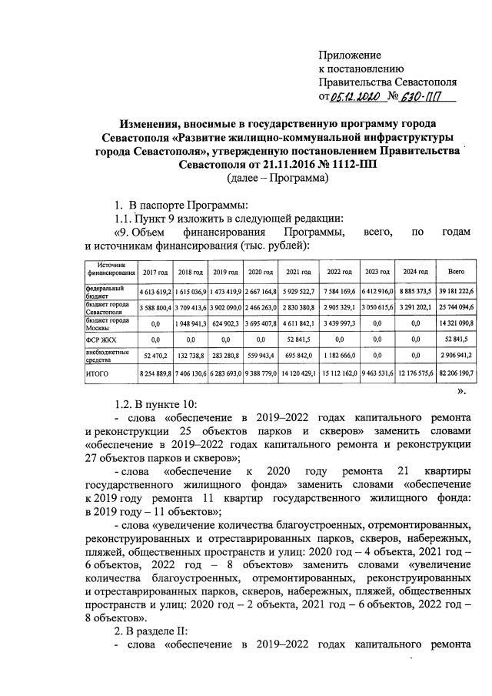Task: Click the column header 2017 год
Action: click(x=155, y=273)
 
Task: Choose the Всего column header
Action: click(x=455, y=273)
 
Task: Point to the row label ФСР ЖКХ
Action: click(x=99, y=337)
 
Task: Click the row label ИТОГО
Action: click(x=98, y=373)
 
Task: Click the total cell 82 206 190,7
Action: click(x=455, y=373)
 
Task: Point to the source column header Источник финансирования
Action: click(x=110, y=269)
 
